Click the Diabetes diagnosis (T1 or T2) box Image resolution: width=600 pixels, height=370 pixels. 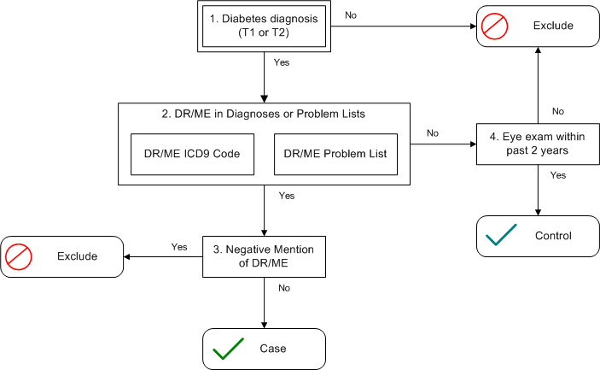tap(264, 26)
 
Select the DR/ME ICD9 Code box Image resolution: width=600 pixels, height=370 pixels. tap(193, 154)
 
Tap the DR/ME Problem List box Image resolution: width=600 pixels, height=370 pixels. tap(336, 154)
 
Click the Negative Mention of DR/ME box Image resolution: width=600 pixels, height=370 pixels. tap(264, 256)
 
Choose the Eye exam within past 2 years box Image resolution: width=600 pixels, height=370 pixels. tap(538, 144)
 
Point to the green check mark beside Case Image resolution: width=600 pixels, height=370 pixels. tap(228, 349)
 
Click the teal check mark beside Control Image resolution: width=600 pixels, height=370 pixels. tap(501, 234)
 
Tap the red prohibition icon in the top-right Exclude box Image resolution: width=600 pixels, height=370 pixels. tap(494, 26)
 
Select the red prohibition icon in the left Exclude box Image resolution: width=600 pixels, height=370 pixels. tap(19, 256)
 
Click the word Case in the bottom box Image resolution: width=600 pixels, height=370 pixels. tap(273, 349)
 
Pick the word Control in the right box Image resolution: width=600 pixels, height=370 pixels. tap(553, 236)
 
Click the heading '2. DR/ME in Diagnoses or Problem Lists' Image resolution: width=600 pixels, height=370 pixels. tap(263, 114)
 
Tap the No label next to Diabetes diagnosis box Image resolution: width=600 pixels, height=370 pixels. tap(351, 15)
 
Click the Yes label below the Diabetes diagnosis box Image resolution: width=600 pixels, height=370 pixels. tap(282, 62)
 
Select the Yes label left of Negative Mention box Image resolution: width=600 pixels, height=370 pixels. tap(179, 247)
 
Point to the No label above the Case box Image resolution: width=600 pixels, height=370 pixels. tap(284, 288)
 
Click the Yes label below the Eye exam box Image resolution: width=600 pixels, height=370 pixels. tap(558, 175)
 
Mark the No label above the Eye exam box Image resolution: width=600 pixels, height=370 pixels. tap(558, 111)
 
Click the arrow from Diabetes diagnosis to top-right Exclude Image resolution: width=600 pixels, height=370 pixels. tap(404, 26)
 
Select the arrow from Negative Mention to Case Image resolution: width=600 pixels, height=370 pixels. tap(264, 302)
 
